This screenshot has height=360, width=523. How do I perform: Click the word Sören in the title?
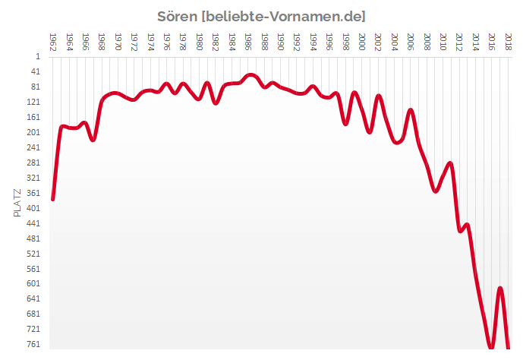click(176, 16)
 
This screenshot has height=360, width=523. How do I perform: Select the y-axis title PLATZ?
click(17, 204)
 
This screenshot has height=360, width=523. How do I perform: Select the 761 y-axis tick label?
click(33, 343)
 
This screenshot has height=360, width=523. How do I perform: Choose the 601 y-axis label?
click(33, 283)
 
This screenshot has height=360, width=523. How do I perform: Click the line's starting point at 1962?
click(52, 199)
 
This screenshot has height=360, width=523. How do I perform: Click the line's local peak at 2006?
click(411, 110)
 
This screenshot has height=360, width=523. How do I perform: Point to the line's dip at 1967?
click(93, 140)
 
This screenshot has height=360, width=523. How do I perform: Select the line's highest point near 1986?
click(250, 75)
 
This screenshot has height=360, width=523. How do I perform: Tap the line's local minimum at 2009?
click(436, 191)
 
